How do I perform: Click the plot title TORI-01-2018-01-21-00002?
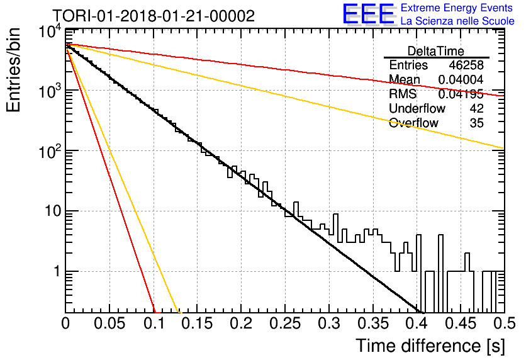154,16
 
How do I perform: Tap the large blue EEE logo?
369,14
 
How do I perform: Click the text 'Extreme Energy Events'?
457,8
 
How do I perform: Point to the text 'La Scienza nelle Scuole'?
457,21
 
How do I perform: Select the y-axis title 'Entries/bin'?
14,70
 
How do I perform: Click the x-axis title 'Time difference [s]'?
430,346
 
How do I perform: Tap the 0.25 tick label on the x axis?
285,323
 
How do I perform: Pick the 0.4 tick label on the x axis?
417,323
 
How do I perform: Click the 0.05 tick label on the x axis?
109,323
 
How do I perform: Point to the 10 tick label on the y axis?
53,211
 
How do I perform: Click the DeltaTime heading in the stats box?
436,51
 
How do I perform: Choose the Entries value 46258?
466,65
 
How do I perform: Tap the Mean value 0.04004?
461,79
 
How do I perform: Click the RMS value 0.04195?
461,94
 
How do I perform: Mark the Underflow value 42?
477,108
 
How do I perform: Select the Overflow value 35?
477,123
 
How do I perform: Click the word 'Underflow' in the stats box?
417,108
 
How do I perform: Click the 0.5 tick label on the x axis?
504,323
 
